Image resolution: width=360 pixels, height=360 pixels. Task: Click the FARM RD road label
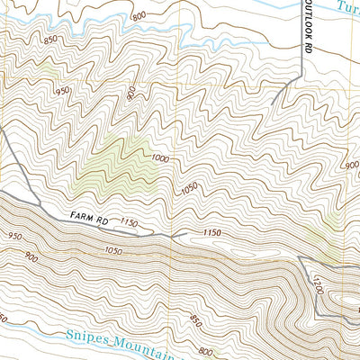[87, 217]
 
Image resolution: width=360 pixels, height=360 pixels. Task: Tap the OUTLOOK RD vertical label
[307, 36]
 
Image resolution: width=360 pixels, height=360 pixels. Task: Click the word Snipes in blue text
[90, 335]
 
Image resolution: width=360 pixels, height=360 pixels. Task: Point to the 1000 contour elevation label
[160, 158]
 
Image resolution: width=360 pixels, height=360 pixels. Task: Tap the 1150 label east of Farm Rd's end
[212, 233]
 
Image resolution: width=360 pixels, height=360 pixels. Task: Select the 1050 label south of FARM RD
[112, 250]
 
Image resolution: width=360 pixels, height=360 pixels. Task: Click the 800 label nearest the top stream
[138, 17]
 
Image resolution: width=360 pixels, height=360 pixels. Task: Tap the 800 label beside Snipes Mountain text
[207, 350]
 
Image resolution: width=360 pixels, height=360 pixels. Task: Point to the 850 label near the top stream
[49, 39]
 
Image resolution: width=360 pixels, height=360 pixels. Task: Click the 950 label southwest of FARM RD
[13, 237]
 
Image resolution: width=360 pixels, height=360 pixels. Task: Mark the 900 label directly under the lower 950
[31, 257]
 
